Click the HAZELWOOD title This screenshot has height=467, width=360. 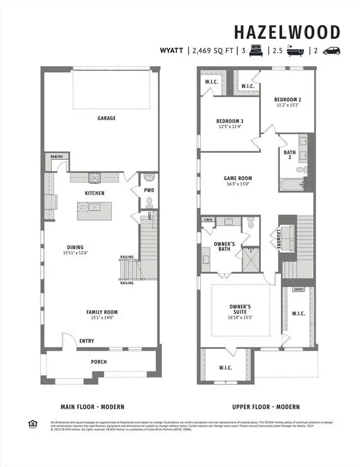click(288, 32)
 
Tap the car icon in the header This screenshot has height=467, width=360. click(333, 51)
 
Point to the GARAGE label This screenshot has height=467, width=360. click(106, 119)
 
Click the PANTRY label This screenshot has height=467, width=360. click(57, 157)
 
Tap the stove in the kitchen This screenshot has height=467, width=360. click(95, 178)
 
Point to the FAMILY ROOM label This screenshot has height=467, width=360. click(102, 312)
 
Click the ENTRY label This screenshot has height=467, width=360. click(86, 341)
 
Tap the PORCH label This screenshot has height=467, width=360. click(99, 362)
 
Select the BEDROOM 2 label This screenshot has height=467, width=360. click(288, 99)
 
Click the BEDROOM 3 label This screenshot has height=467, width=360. click(230, 121)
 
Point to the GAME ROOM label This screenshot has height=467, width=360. click(237, 178)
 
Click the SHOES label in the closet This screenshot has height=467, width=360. click(298, 290)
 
